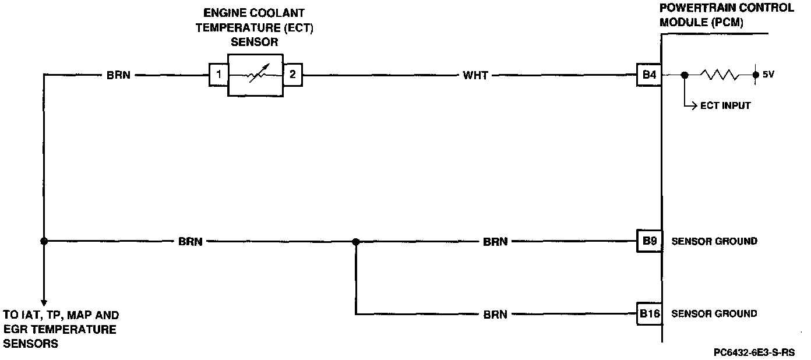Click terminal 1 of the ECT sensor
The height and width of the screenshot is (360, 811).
click(x=218, y=75)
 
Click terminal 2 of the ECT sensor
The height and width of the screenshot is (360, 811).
click(x=292, y=75)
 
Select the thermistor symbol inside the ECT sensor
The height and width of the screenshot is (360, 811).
click(x=256, y=75)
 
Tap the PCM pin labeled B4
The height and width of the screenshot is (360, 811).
click(x=649, y=75)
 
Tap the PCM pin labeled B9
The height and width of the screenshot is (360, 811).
click(x=649, y=241)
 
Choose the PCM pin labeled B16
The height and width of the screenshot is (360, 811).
click(x=650, y=313)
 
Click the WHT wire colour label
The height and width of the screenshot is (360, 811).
click(x=475, y=75)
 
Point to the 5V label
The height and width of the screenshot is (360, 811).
click(x=768, y=75)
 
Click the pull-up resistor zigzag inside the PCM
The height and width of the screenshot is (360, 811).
click(x=720, y=75)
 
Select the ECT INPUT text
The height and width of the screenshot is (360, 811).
click(x=725, y=106)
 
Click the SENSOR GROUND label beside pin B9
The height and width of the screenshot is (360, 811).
click(x=714, y=241)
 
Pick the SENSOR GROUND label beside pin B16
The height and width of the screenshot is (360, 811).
click(x=714, y=313)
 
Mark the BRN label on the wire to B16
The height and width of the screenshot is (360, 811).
click(x=495, y=315)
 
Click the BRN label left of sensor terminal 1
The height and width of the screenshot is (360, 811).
click(x=118, y=75)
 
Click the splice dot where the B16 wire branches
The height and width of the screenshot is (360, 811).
click(x=356, y=241)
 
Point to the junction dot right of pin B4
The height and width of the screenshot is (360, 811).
click(x=685, y=75)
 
